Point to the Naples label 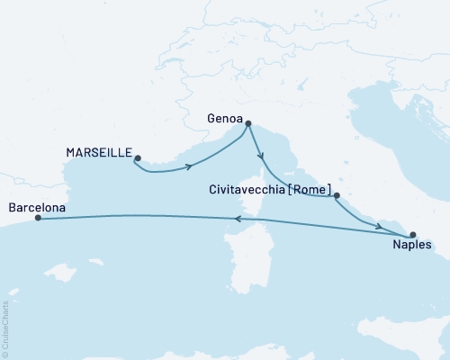tap(413, 244)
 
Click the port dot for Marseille tap(137, 159)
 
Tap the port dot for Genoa tap(248, 124)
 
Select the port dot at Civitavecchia tap(336, 195)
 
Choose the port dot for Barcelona tap(37, 218)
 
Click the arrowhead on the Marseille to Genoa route tap(189, 164)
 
